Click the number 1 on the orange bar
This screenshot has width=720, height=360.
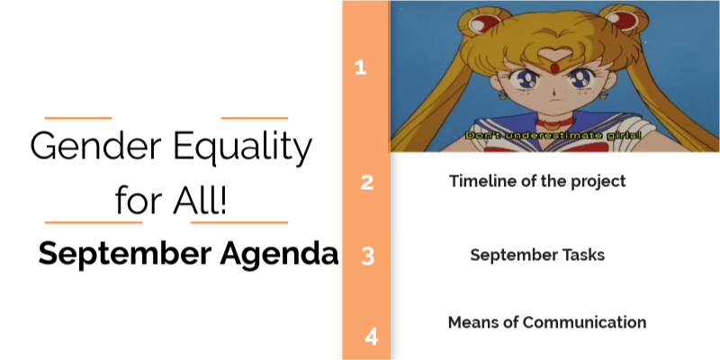(x=361, y=67)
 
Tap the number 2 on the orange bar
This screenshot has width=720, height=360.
(x=366, y=183)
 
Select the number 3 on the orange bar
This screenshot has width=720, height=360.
(x=367, y=256)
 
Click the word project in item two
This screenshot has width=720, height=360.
(x=597, y=181)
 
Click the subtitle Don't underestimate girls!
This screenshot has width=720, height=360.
(x=553, y=134)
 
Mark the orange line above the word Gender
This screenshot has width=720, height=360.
(x=77, y=118)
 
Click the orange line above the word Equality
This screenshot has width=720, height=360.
(x=254, y=118)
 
